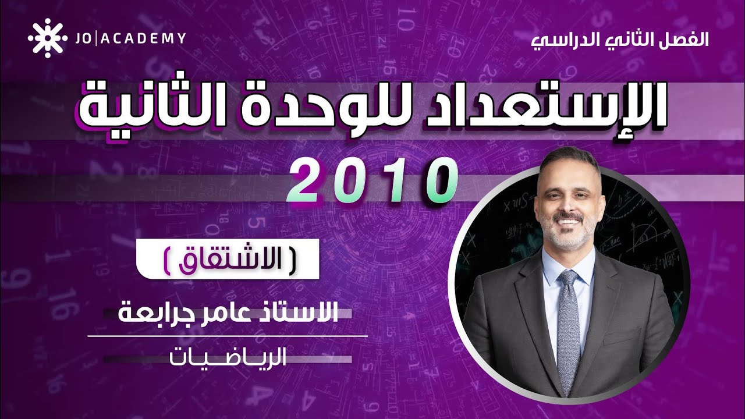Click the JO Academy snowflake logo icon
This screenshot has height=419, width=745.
click(44, 39)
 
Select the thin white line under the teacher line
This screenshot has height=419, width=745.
click(228, 336)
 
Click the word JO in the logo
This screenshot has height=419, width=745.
click(83, 39)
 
